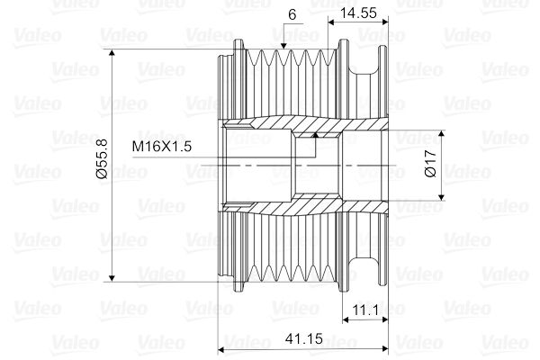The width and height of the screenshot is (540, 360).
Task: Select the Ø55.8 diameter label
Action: [x=101, y=163]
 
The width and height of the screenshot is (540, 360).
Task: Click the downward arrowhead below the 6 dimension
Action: [x=283, y=45]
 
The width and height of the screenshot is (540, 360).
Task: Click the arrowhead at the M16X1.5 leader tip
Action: [x=315, y=135]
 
